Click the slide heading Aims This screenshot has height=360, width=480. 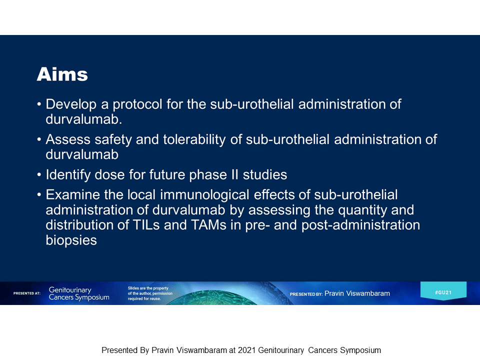(62, 74)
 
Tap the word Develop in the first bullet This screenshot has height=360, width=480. (71, 104)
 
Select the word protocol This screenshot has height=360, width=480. (137, 104)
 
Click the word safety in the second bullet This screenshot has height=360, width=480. (113, 140)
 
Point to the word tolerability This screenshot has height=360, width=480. (194, 140)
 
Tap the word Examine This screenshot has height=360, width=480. (72, 195)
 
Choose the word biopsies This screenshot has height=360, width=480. (71, 240)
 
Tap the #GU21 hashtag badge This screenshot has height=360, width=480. (443, 291)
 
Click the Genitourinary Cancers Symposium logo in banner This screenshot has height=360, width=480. (79, 293)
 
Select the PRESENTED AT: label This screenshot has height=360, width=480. (27, 293)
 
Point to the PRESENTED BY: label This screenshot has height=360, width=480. (306, 294)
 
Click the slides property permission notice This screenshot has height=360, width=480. (150, 293)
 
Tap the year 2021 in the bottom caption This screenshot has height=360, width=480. (246, 350)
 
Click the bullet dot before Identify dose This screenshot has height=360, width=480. (39, 175)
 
